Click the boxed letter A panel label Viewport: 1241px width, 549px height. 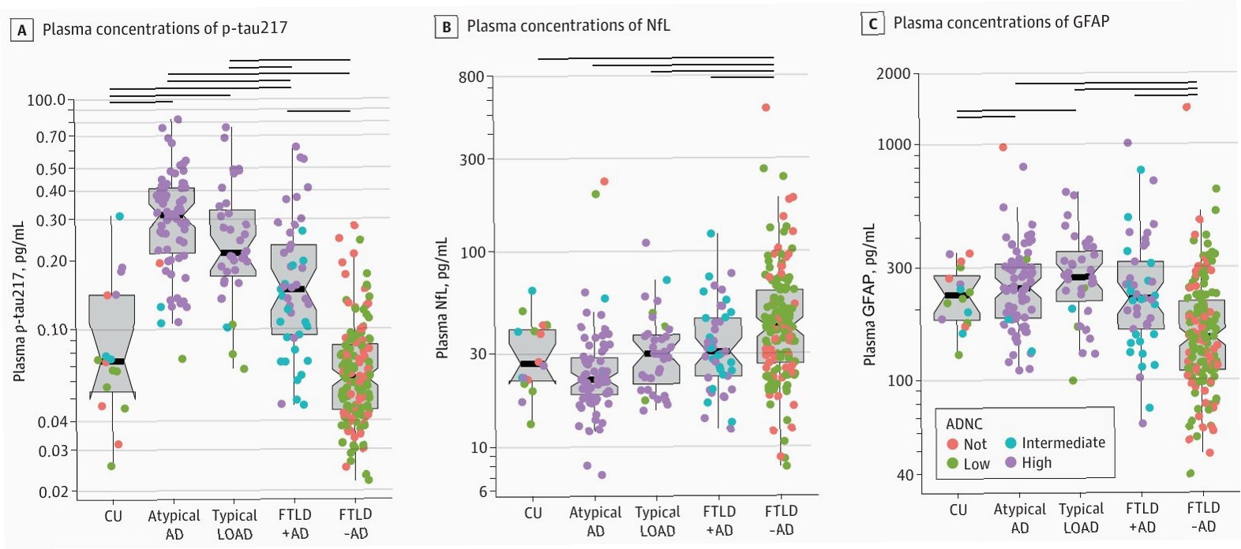point(21,30)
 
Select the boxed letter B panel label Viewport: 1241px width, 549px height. point(446,27)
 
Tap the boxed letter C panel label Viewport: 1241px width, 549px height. point(872,24)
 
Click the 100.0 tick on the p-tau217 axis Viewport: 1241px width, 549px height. point(47,100)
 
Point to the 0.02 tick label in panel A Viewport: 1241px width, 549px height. point(53,491)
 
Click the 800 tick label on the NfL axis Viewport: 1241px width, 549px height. point(471,77)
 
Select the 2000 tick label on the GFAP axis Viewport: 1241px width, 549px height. point(893,74)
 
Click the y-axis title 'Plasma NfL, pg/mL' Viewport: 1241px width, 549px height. point(442,298)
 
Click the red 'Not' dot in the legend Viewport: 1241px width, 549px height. point(952,444)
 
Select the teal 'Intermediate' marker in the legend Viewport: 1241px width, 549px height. point(1010,443)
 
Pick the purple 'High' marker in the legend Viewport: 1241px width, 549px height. point(1010,462)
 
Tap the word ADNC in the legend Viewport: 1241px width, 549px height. point(964,424)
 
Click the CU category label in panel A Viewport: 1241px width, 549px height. point(114,516)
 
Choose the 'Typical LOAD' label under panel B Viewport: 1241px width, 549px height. point(657,521)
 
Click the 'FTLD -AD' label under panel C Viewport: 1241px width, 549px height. point(1202,517)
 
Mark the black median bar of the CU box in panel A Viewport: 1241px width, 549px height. point(115,361)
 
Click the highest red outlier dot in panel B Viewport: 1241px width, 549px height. point(765,107)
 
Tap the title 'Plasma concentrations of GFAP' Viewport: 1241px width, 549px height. point(1001,22)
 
